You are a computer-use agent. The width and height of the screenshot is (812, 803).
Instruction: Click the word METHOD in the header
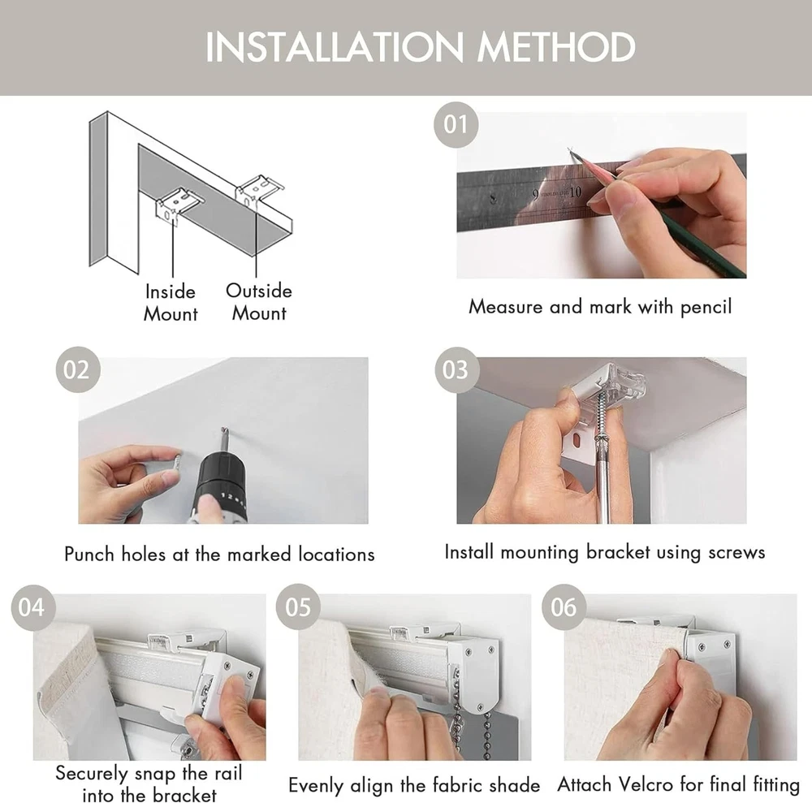(556, 47)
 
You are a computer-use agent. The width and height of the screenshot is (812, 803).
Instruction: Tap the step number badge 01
(456, 125)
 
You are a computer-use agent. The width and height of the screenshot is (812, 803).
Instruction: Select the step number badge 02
(78, 369)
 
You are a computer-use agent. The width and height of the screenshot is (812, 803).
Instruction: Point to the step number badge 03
(456, 369)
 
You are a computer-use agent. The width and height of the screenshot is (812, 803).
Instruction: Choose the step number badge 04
(33, 607)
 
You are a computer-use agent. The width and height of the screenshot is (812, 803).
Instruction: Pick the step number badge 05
(298, 607)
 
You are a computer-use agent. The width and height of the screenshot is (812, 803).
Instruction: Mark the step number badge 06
(564, 607)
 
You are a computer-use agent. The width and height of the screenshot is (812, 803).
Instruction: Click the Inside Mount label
(171, 303)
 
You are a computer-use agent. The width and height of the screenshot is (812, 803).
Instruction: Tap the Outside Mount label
(259, 302)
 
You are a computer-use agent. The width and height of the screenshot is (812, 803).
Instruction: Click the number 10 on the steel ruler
(576, 192)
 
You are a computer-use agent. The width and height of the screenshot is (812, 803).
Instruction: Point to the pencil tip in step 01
(570, 149)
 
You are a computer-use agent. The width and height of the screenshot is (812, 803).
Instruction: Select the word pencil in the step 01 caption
(706, 307)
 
